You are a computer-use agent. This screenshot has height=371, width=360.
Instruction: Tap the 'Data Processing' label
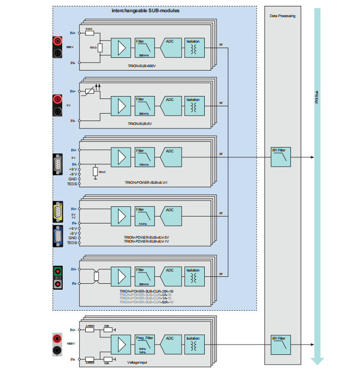click(283, 16)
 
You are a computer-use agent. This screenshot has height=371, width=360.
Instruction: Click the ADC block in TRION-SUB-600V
click(170, 48)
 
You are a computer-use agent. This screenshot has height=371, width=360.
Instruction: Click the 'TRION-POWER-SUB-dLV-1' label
click(146, 183)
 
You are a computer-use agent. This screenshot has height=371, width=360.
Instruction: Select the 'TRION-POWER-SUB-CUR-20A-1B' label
click(146, 291)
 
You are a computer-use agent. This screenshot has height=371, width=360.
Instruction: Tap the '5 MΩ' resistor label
click(89, 29)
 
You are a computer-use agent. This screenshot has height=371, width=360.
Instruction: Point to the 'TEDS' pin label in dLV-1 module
click(72, 184)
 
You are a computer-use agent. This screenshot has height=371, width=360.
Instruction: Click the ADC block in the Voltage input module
click(170, 344)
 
